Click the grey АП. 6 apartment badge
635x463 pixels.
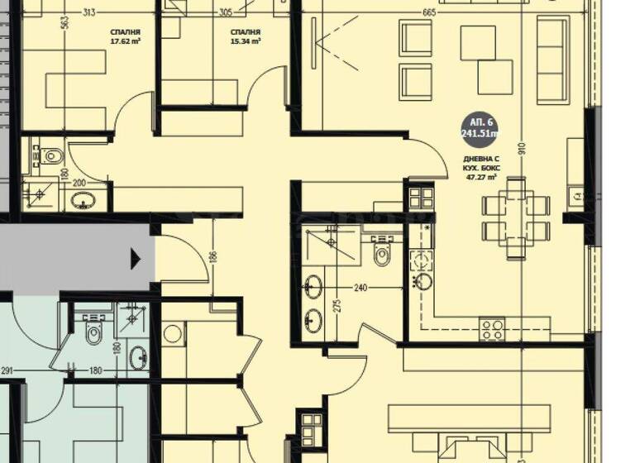coord(480,128)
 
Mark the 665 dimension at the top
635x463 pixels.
coord(428,12)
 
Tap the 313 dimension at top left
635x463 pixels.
coord(89,12)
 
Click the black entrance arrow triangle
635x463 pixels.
coord(136,261)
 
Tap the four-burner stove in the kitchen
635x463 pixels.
coord(493,330)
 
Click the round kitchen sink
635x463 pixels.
coord(423,281)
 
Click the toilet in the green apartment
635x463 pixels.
coord(93,332)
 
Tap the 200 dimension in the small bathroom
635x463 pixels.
coord(79,183)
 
